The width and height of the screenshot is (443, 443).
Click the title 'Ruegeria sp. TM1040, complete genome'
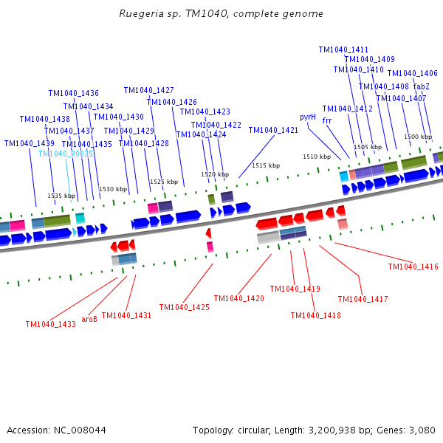click(221, 14)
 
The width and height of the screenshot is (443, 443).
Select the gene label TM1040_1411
click(343, 50)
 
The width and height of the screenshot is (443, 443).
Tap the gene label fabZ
click(422, 86)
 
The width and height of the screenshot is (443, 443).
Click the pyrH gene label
click(308, 117)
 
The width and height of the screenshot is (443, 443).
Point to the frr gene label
click(327, 120)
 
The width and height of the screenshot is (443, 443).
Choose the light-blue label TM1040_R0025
click(66, 154)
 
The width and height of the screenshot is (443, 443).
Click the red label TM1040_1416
click(413, 267)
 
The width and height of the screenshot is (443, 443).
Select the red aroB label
click(89, 319)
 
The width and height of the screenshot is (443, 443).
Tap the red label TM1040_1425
click(185, 307)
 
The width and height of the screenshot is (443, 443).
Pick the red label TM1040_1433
click(50, 324)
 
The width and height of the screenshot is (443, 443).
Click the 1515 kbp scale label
click(266, 166)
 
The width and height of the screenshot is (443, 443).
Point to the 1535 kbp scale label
click(61, 196)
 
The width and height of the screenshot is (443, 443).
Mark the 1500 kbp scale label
click(418, 137)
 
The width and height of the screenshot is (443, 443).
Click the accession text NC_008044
click(56, 430)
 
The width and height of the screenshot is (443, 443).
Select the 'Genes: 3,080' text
click(411, 430)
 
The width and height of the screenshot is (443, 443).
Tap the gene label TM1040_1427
click(149, 90)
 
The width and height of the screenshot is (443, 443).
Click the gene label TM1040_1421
click(273, 130)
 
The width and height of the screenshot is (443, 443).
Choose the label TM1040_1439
click(29, 144)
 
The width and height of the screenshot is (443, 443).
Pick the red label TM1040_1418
click(316, 315)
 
